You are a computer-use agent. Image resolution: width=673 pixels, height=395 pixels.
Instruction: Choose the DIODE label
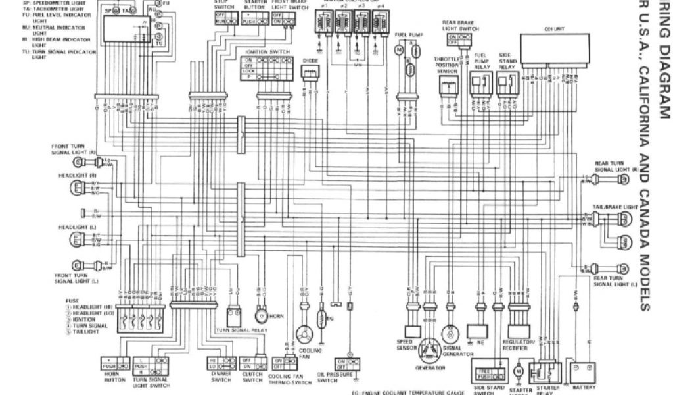[x=310, y=60]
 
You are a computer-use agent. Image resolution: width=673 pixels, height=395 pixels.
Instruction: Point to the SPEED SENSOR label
[x=406, y=344]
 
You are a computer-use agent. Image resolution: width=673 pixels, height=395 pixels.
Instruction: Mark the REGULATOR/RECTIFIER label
[x=517, y=344]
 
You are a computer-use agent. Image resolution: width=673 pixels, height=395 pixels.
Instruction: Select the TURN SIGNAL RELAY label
[x=241, y=329]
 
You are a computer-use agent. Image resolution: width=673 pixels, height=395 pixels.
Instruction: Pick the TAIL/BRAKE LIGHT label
[x=616, y=206]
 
